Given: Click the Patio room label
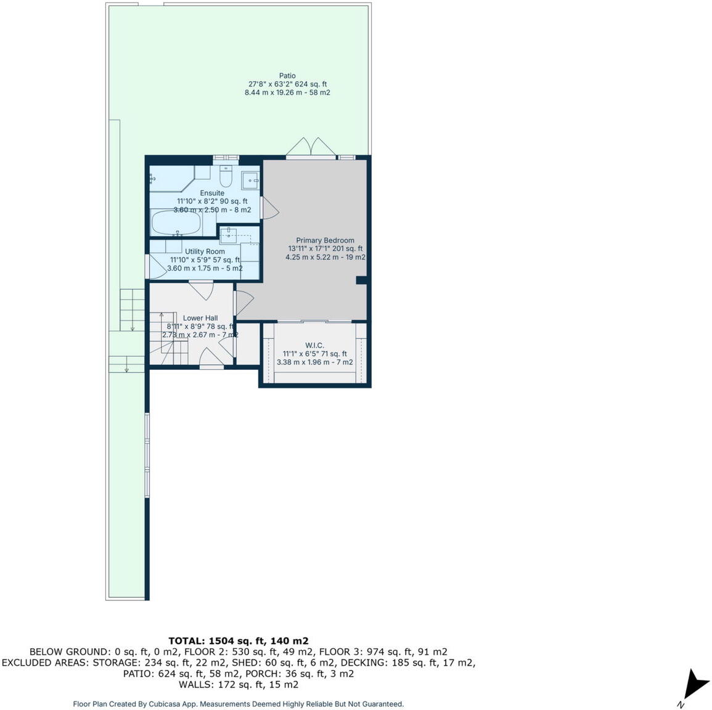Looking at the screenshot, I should [x=287, y=76].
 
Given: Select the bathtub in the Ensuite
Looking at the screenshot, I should [x=176, y=223].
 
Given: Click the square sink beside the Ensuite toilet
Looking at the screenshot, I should [x=250, y=180].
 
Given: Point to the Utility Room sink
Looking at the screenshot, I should [x=229, y=234].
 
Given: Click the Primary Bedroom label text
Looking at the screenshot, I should [x=325, y=240].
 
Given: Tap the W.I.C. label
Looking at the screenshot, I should [x=314, y=345].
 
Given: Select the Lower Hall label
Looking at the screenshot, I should [x=200, y=318].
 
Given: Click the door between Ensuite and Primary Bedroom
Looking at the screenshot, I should [x=269, y=208].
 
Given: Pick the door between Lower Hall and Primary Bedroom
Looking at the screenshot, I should [x=243, y=302].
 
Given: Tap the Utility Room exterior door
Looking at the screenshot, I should [x=154, y=266].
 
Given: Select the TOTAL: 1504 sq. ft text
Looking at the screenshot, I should [x=238, y=640].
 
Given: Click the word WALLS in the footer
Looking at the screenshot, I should [x=193, y=685].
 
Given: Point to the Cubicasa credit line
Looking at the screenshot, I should [x=238, y=704].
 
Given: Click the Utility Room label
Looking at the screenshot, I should [x=205, y=251].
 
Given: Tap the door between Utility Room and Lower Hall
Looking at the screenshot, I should [x=201, y=289].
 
